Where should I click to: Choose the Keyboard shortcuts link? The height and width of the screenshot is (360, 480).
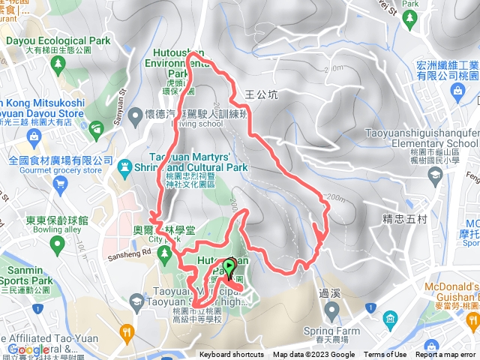point(232,355)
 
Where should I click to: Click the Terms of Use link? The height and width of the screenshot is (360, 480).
point(385,355)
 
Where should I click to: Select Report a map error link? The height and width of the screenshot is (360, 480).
point(447,355)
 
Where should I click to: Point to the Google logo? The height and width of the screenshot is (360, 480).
point(28,349)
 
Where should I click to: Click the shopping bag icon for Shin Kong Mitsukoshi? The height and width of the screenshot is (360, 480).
point(33,136)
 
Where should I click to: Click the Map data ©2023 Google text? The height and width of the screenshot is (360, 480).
point(313,355)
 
